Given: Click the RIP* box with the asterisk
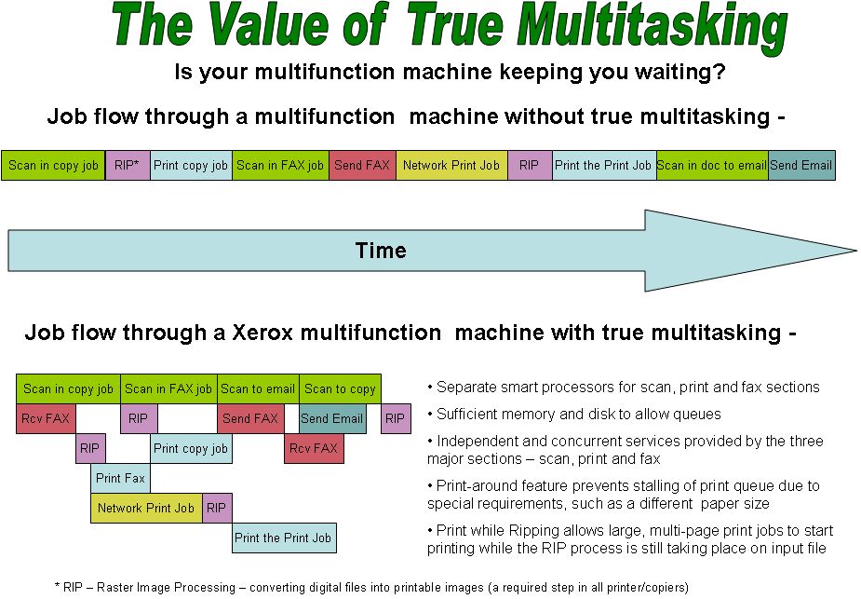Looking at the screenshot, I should click(x=128, y=166).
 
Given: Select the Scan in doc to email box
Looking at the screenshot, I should click(x=712, y=166).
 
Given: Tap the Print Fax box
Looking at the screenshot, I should click(x=120, y=479).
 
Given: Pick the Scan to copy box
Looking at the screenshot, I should click(x=340, y=389).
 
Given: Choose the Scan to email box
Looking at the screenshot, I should click(x=258, y=389).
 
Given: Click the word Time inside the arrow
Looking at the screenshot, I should click(x=381, y=251).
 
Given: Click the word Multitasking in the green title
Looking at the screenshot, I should click(x=652, y=28).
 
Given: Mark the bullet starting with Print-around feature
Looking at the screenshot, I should click(x=623, y=495).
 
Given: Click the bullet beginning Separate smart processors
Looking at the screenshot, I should click(x=623, y=388).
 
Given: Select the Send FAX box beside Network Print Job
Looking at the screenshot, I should click(x=362, y=166).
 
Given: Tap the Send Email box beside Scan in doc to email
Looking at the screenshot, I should click(x=800, y=166).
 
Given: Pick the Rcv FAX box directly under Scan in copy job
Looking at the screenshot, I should click(x=46, y=419).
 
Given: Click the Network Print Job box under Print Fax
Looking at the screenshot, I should click(x=146, y=509).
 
